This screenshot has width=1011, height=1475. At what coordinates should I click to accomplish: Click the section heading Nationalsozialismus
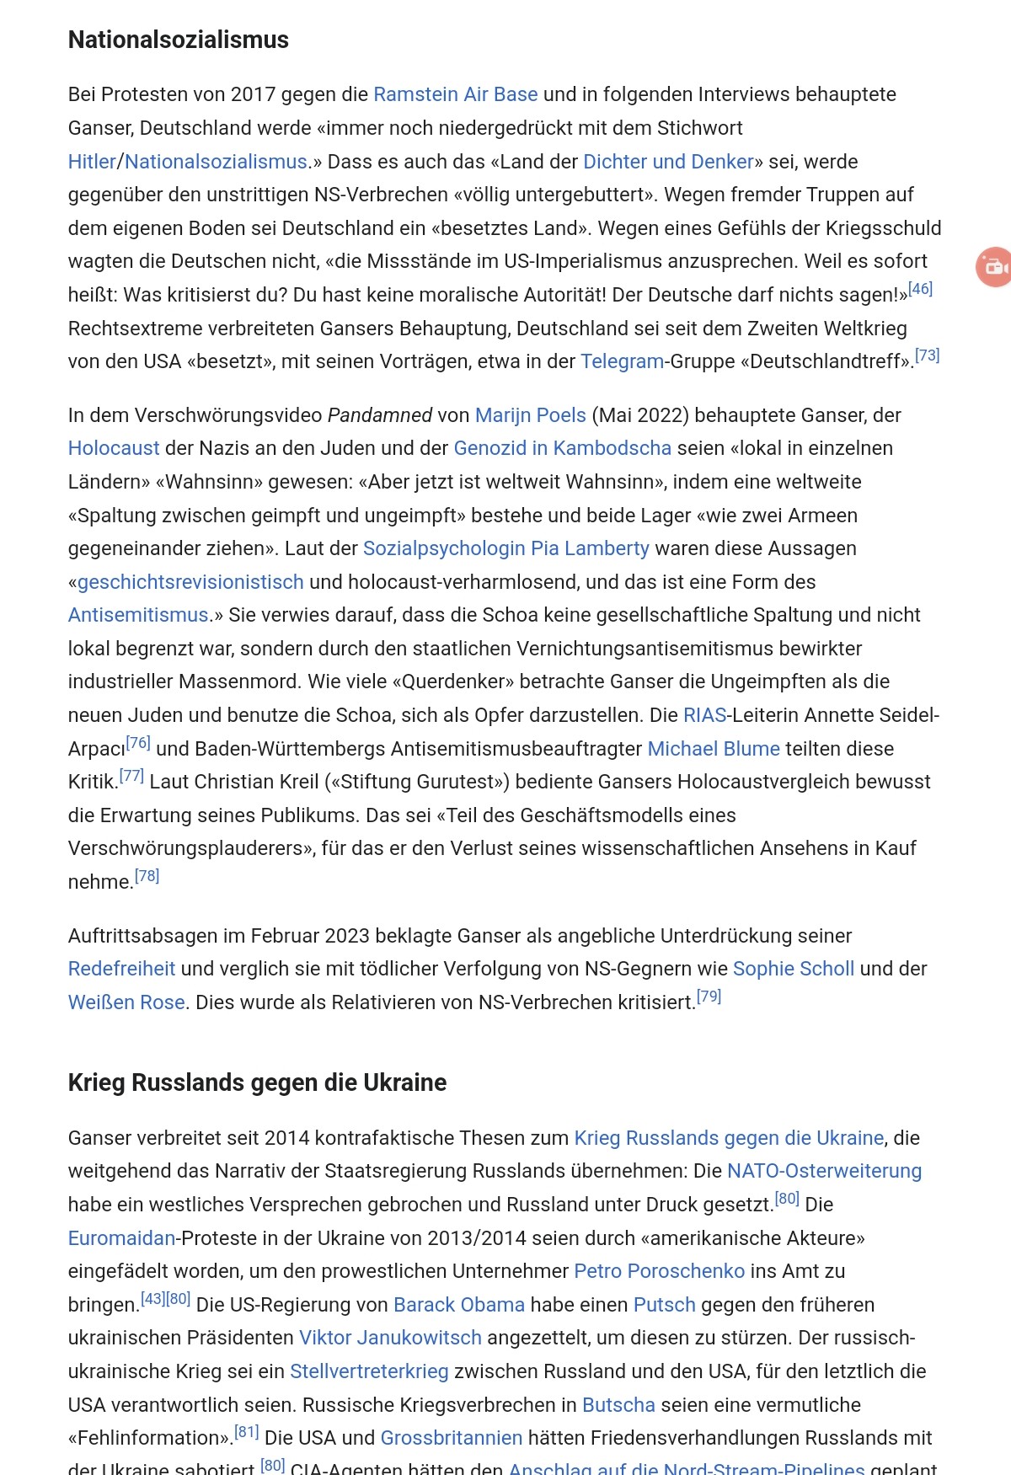178,40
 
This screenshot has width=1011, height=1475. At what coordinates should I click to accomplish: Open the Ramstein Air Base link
455,94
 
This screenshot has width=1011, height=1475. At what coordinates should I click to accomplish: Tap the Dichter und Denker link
668,162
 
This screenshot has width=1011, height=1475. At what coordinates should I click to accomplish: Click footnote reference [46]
920,289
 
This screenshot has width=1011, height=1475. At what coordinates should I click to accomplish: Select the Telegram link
622,361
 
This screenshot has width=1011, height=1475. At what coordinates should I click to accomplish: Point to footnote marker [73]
927,355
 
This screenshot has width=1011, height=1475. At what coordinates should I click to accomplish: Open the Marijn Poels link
530,415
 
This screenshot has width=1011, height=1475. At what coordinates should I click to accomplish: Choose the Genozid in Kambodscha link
562,448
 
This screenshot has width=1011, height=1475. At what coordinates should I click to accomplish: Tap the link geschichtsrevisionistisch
190,582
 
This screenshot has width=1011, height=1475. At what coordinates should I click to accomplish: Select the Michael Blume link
714,749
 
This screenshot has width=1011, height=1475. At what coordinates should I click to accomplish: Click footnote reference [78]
147,876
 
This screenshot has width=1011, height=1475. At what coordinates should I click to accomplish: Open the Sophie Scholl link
793,969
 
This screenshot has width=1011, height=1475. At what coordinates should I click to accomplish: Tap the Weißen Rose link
126,1002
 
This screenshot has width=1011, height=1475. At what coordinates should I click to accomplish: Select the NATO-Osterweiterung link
824,1171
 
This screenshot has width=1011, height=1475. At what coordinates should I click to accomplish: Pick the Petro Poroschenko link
659,1271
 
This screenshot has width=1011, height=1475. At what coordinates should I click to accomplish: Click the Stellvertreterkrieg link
369,1371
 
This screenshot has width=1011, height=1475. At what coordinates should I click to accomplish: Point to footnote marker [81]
246,1432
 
